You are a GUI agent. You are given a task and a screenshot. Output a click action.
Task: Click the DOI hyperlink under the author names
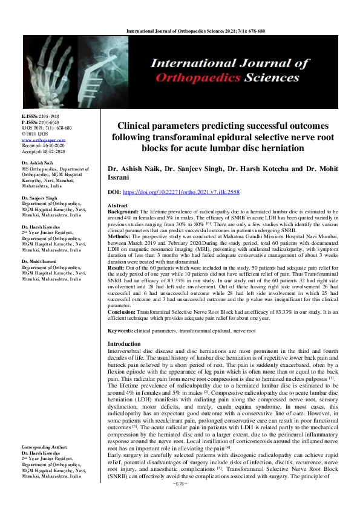pyautogui.click(x=191, y=190)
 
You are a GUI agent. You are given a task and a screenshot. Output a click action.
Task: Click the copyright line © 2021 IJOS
pyautogui.click(x=37, y=134)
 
